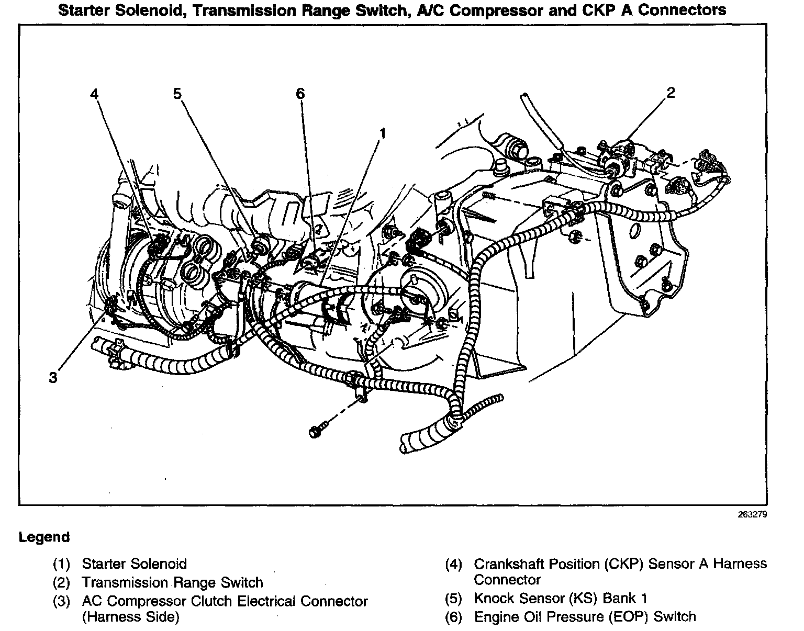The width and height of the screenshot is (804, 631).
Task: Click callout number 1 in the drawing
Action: tap(383, 134)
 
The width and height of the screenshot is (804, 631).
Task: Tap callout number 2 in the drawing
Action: tap(671, 93)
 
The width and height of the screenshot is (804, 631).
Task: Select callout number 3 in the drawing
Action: tap(53, 377)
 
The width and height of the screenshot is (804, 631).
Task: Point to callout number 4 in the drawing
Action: tap(94, 94)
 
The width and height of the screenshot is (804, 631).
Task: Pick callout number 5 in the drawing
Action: tap(177, 94)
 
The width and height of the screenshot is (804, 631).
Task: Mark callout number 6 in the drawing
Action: tap(300, 94)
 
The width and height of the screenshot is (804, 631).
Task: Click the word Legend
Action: tap(44, 537)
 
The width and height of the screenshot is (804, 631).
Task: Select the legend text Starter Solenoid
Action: tap(134, 564)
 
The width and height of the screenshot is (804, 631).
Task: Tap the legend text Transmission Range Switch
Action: tap(172, 582)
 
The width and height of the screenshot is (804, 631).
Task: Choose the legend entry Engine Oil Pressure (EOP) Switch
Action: tap(585, 617)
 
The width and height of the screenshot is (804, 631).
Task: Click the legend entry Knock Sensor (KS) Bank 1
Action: tap(561, 598)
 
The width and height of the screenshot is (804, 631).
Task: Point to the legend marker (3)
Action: tap(61, 602)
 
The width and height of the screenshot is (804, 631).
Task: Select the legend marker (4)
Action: tap(454, 564)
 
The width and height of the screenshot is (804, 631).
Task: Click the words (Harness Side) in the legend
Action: tap(130, 617)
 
